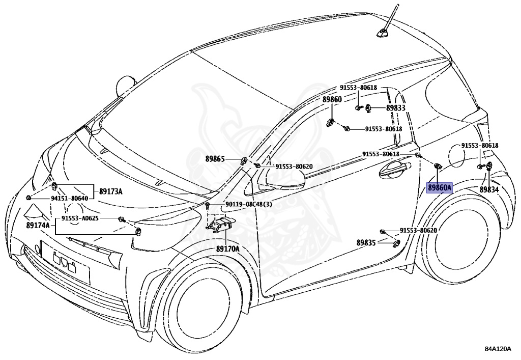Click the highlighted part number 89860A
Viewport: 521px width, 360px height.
(439, 188)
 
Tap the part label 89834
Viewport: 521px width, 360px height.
(489, 189)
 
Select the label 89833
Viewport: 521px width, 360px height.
(396, 108)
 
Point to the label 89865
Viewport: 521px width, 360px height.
(215, 159)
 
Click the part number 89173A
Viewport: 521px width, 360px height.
(110, 191)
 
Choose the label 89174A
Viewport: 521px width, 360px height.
(38, 226)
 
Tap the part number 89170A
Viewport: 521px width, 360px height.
(227, 248)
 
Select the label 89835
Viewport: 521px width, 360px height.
(366, 243)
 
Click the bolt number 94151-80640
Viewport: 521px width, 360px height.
(69, 199)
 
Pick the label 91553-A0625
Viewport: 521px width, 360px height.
(80, 218)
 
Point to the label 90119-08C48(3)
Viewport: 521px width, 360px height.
(248, 204)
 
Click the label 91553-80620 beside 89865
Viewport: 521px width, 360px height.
(294, 166)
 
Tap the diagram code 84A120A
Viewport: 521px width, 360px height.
(498, 349)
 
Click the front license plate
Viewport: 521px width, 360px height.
(65, 262)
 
